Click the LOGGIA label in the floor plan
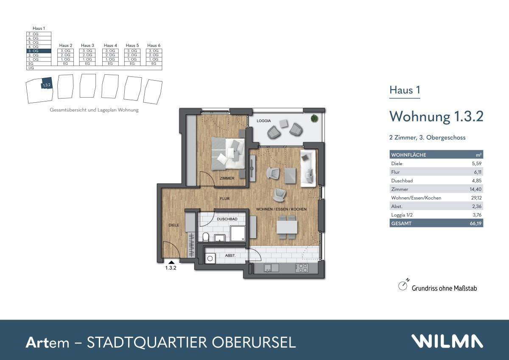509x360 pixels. coord(263,121)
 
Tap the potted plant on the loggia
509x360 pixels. coord(314,118)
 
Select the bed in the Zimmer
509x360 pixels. coord(228,154)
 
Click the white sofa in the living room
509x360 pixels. coord(308,168)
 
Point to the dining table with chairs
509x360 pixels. coord(287,226)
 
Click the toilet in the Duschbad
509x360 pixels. coord(206,236)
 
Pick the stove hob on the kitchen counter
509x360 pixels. coord(302,268)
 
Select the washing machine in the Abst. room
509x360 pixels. coord(210,258)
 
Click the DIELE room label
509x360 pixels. coord(174,225)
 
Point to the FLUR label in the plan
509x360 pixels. coord(224,198)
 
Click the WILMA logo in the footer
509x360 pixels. coord(447,341)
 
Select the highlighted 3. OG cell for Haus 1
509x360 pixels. coord(39,51)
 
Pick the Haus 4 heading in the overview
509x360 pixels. coord(110,45)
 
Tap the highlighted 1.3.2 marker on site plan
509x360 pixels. coord(46,84)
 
